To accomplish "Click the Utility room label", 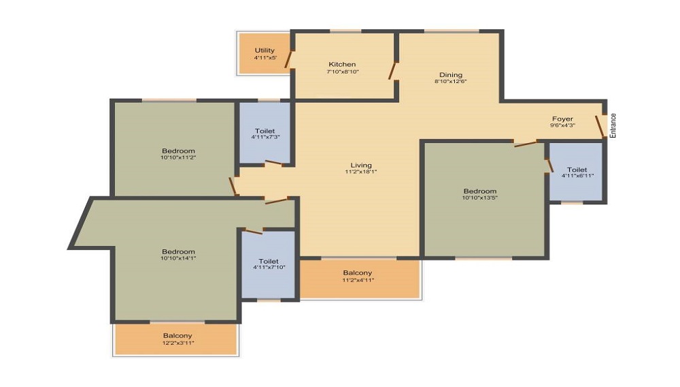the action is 265,50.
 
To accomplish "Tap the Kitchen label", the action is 342,64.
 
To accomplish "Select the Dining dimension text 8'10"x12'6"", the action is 451,81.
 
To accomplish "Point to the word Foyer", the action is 562,119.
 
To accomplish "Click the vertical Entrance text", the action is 613,125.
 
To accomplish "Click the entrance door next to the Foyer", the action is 600,127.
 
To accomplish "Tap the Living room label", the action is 361,165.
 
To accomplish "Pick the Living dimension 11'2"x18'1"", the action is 361,172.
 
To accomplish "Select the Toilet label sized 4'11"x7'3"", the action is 265,131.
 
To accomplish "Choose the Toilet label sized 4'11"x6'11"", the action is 577,170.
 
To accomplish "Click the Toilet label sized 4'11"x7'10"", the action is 269,261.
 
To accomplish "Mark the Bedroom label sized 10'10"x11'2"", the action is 178,151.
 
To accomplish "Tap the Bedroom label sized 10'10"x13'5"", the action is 479,191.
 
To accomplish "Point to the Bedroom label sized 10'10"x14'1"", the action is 178,251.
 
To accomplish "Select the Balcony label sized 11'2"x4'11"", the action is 358,273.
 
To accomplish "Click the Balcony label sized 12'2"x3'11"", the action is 177,336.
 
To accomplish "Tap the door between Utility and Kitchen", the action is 288,59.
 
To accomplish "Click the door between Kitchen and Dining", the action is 393,71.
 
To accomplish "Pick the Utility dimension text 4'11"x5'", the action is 265,57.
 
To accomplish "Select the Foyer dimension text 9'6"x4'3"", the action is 562,125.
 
